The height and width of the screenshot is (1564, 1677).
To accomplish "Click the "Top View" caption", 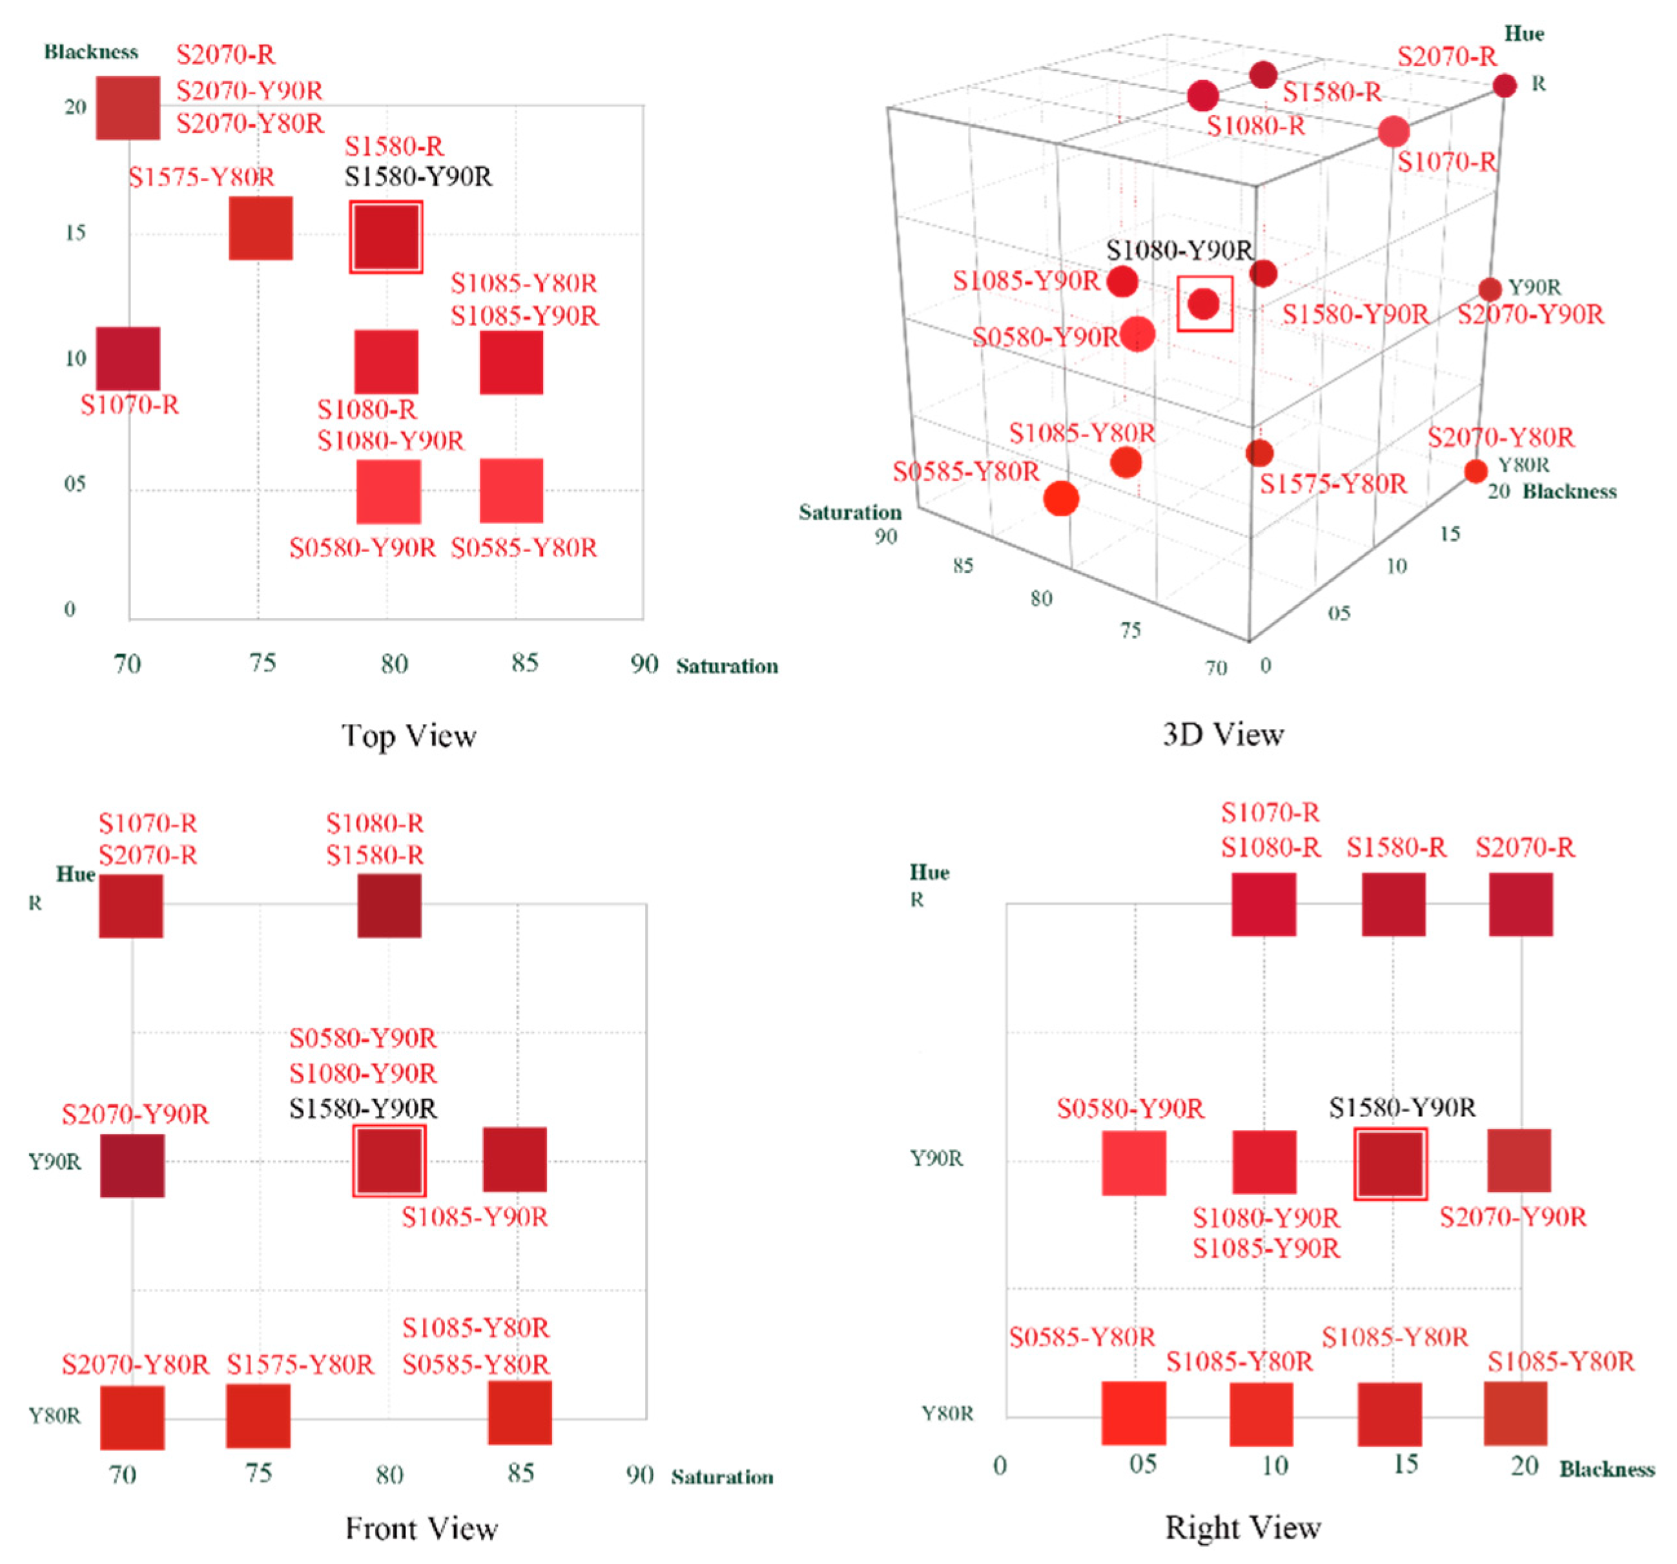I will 409,736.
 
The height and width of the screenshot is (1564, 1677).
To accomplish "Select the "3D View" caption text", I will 1223,734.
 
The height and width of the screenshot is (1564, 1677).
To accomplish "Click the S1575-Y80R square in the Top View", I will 261,228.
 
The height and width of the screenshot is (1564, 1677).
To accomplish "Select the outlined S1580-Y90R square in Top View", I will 386,236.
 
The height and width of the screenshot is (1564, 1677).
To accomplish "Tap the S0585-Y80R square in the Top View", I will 511,490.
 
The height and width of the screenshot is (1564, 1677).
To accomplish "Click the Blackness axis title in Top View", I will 91,52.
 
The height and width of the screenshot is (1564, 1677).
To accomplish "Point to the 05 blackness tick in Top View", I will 75,484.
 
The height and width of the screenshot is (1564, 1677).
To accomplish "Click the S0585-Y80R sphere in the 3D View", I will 1061,498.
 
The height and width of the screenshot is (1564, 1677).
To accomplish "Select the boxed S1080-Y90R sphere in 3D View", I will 1204,303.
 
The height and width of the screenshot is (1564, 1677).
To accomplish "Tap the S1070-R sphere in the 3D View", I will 1394,132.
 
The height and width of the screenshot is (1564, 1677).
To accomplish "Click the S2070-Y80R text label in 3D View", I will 1500,437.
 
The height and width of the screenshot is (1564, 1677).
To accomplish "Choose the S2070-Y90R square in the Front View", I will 132,1165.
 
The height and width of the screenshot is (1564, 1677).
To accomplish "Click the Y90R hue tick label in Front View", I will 55,1162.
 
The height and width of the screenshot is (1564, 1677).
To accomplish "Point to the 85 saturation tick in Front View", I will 520,1473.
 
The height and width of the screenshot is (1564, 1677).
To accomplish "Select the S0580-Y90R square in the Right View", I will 1134,1162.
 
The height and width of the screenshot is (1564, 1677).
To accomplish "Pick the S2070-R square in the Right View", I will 1520,904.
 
